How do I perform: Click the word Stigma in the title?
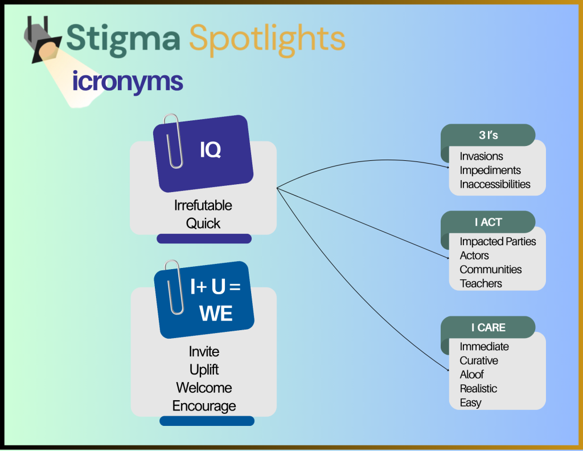click(123, 38)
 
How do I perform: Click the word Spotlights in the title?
click(267, 38)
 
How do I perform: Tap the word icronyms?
click(128, 82)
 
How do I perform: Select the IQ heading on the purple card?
click(210, 150)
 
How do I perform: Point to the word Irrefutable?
click(203, 205)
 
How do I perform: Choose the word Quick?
click(203, 223)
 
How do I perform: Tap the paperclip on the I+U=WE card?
click(174, 287)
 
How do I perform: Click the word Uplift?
click(204, 369)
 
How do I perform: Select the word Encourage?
click(204, 406)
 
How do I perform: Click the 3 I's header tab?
click(488, 136)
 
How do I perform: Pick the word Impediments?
click(490, 170)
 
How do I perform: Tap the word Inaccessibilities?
click(495, 184)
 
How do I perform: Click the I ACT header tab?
click(488, 222)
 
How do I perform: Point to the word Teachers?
click(481, 283)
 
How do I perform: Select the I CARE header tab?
click(488, 327)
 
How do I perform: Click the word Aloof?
click(471, 375)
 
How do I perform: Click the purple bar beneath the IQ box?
click(204, 239)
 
